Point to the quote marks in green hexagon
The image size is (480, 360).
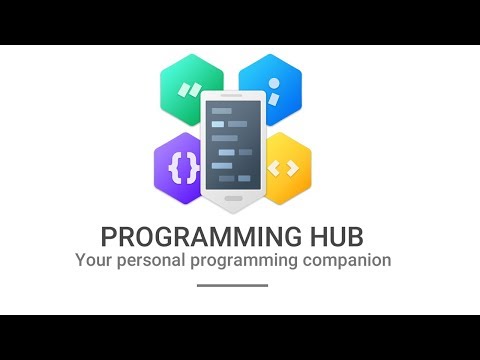pos(186,89)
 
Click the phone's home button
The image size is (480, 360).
pos(233,198)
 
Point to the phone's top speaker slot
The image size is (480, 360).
pos(233,98)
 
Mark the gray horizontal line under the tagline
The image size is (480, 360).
pos(233,285)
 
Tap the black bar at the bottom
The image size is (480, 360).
pos(240,337)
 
